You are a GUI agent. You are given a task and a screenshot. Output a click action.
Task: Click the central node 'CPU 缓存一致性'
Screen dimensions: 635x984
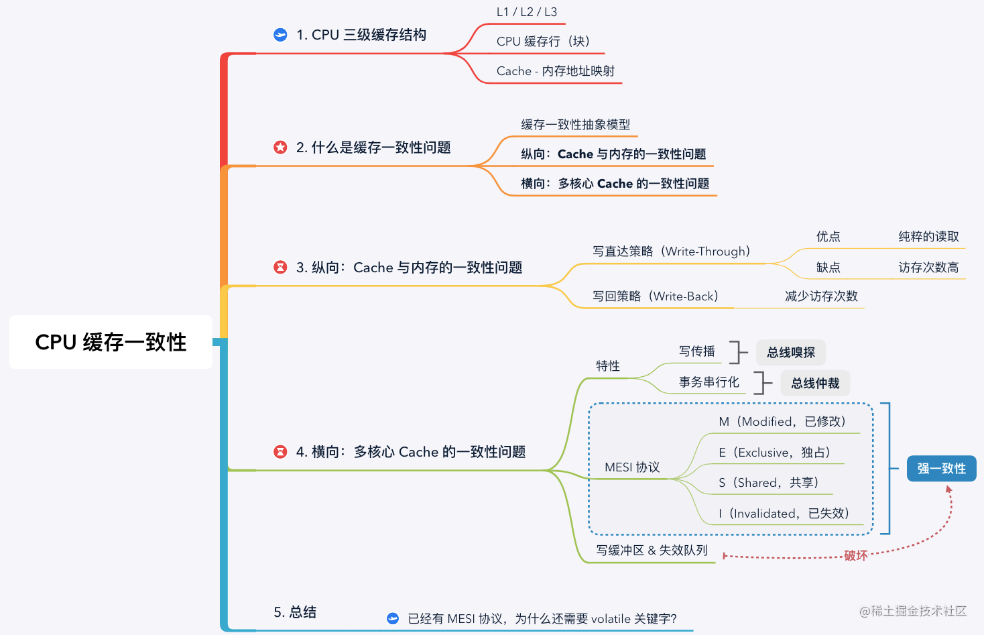click(111, 342)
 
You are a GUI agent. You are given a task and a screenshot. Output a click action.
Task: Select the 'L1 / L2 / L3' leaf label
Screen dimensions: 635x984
click(527, 12)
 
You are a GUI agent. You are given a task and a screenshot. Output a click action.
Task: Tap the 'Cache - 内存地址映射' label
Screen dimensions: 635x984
click(555, 71)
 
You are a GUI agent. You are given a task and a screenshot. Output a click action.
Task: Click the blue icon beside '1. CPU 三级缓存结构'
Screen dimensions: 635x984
click(280, 35)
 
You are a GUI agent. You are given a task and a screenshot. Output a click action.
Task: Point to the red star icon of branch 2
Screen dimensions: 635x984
click(280, 148)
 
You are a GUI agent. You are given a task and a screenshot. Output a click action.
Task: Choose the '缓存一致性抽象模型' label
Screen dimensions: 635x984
click(575, 125)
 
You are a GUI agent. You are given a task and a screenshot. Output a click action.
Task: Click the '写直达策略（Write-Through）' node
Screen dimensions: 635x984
click(671, 251)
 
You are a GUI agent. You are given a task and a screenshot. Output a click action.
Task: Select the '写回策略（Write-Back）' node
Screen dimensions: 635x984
click(655, 296)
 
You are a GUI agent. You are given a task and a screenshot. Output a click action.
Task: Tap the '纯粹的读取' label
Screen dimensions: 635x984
click(928, 237)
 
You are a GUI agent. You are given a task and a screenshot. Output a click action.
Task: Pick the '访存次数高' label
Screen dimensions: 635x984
click(928, 268)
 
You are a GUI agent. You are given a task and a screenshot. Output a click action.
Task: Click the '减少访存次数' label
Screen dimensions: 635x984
click(821, 296)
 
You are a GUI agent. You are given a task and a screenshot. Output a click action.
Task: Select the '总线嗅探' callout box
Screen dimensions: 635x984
click(791, 353)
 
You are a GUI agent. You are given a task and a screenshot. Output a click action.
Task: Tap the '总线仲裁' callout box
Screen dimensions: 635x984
click(815, 384)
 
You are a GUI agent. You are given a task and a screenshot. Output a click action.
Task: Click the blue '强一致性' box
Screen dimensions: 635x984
click(941, 469)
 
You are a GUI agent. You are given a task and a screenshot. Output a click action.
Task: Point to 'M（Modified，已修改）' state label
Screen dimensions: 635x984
click(782, 422)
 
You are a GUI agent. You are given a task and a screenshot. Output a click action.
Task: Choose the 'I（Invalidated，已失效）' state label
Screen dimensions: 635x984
click(783, 514)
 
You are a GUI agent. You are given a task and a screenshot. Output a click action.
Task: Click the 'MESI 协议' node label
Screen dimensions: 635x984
click(632, 467)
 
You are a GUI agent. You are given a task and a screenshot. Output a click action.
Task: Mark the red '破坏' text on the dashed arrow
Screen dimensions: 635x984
click(855, 556)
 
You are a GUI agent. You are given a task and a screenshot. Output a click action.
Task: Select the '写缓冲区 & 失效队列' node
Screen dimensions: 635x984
click(652, 551)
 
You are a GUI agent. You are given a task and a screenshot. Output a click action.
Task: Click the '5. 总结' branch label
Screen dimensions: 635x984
click(295, 612)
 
